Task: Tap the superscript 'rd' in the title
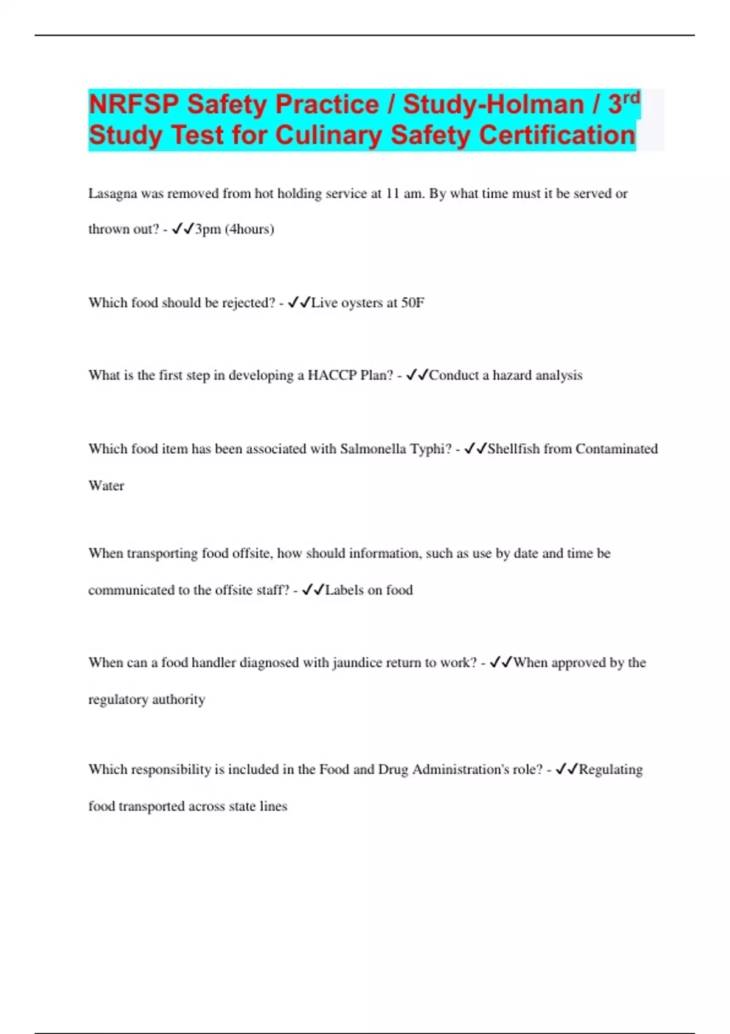click(631, 97)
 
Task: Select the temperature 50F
click(412, 302)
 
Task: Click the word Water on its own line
click(106, 485)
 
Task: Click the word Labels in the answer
click(344, 590)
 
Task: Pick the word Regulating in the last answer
click(610, 769)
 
